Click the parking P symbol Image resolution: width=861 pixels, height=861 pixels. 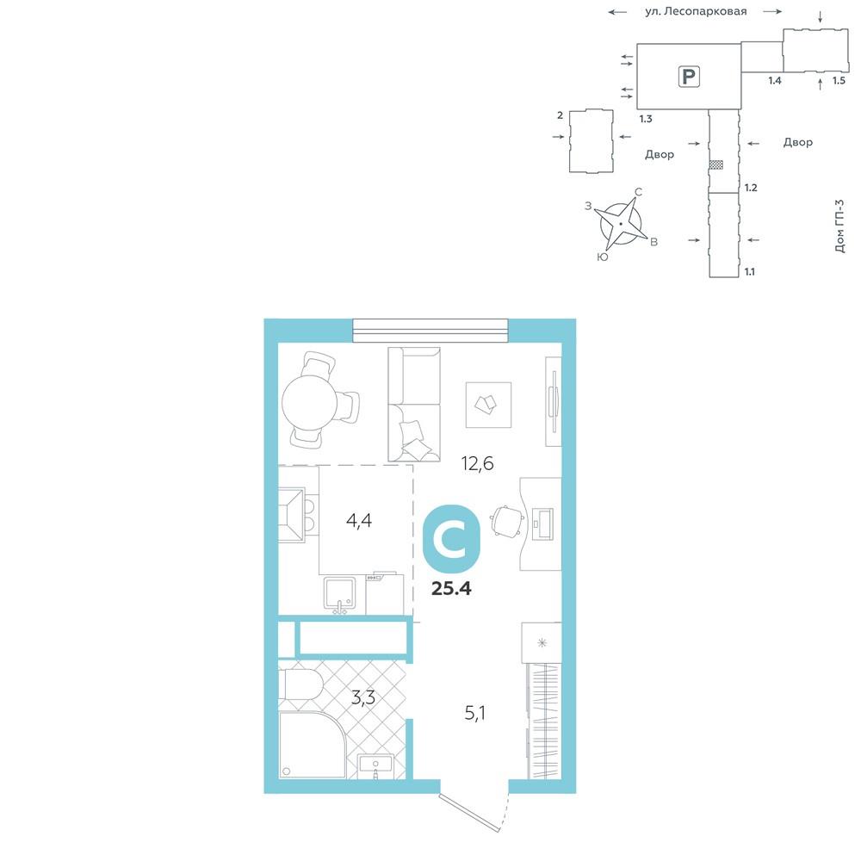tap(689, 77)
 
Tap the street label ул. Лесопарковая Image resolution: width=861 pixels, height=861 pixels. tap(696, 11)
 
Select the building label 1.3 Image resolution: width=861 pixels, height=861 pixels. tap(646, 119)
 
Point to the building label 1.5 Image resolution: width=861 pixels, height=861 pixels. tap(839, 81)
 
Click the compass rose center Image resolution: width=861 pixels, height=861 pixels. tap(621, 224)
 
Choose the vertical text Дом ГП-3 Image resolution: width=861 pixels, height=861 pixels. tap(839, 226)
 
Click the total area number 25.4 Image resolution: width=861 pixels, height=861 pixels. tap(451, 589)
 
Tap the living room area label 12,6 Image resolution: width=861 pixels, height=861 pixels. tap(477, 464)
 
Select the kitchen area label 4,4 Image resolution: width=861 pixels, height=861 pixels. tap(359, 520)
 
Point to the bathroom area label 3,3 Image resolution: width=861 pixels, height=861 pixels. tap(363, 698)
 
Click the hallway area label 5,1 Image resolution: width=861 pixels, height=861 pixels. tap(475, 713)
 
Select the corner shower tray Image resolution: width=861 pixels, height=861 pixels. tap(312, 745)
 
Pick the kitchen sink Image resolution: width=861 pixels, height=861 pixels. tap(339, 595)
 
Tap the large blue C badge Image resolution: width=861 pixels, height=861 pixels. tap(451, 539)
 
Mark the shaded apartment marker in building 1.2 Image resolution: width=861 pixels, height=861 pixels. tap(716, 164)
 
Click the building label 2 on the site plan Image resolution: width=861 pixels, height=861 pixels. tap(561, 115)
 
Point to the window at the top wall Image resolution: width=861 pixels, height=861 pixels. tap(430, 331)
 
